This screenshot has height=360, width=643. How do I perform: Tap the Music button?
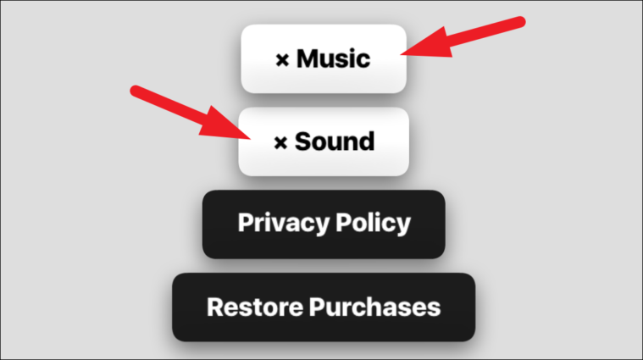(324, 58)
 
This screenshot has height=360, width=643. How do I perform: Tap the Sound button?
(324, 141)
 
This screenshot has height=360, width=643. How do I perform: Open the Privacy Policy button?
(324, 224)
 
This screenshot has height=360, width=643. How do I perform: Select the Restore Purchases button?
(324, 307)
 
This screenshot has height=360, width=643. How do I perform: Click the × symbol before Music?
(282, 60)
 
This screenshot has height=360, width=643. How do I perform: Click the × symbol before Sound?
(281, 142)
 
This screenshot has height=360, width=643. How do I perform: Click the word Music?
(333, 58)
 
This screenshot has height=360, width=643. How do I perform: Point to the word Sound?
(334, 141)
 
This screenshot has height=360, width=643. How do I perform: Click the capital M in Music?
(306, 58)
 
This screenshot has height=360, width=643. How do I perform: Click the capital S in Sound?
(303, 141)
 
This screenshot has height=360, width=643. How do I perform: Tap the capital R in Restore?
(216, 307)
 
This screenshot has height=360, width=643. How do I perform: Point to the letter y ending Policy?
(403, 226)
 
